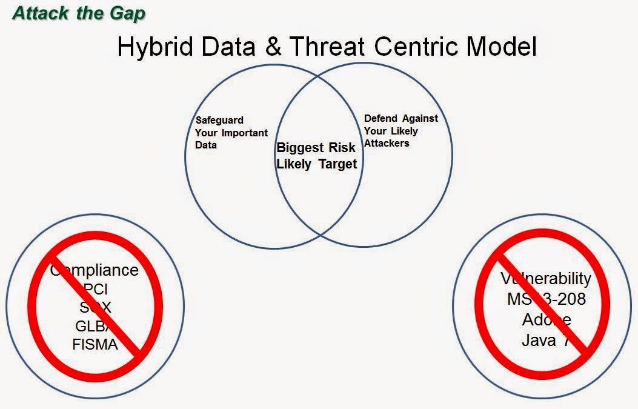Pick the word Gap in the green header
[x=128, y=13]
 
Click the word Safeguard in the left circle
[x=219, y=121]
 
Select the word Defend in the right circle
[x=380, y=119]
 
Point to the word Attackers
[x=387, y=143]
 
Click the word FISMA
[x=95, y=344]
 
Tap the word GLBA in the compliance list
[x=94, y=326]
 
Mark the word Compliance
[x=95, y=270]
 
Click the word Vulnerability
[x=545, y=279]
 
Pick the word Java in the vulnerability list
[x=538, y=340]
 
